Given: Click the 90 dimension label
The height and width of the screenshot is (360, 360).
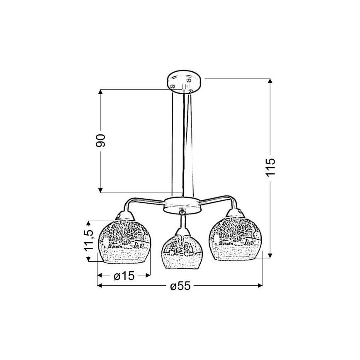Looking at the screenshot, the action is click(100, 141).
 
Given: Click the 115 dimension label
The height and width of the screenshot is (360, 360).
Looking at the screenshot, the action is click(270, 167).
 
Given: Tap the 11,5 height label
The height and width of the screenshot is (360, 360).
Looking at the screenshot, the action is click(89, 240).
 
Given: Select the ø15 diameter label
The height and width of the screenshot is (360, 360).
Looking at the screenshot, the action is click(124, 276).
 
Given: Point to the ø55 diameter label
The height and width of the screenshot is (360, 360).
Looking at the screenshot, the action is click(180, 286).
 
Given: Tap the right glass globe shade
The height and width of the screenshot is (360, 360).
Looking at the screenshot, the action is click(236, 238).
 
